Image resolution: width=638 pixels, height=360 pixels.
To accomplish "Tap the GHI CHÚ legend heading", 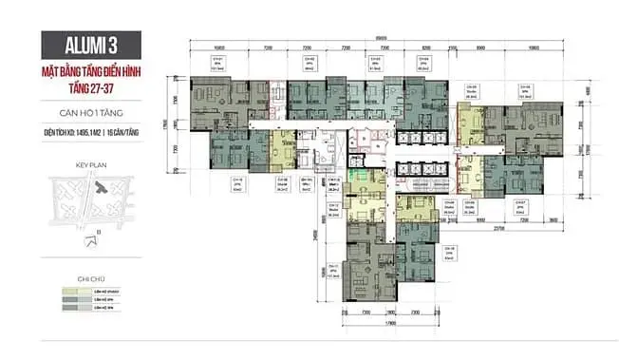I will [90, 278].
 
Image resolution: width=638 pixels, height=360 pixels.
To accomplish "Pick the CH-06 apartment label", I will [524, 88].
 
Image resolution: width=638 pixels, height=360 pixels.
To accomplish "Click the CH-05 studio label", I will [470, 88].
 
